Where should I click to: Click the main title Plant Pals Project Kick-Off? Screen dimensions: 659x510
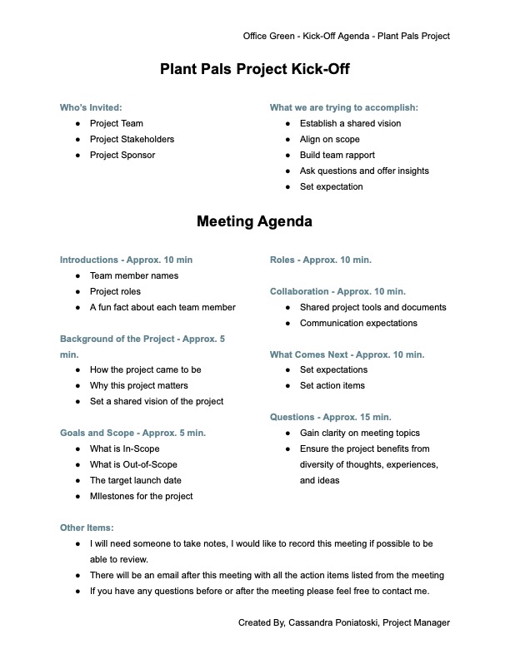[254, 70]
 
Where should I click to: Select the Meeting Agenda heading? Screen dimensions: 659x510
[254, 222]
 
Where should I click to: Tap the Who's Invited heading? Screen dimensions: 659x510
[91, 107]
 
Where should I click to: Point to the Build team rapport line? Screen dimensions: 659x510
[337, 155]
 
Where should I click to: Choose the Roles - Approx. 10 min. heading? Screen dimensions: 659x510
[320, 260]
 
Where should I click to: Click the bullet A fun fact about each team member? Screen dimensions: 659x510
[162, 307]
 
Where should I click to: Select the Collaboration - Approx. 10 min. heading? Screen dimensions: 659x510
[337, 291]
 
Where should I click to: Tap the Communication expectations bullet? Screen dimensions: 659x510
[358, 323]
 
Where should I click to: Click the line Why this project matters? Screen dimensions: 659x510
[138, 385]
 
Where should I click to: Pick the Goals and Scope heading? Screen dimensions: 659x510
[132, 433]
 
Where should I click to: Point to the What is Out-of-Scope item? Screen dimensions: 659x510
[133, 464]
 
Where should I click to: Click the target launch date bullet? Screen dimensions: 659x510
[135, 480]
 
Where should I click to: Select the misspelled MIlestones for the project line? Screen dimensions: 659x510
[141, 496]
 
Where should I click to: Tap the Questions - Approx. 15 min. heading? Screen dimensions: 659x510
[330, 417]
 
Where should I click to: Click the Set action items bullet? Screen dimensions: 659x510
[332, 385]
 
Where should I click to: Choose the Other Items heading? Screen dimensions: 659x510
[87, 528]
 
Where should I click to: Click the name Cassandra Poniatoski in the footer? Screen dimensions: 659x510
[331, 622]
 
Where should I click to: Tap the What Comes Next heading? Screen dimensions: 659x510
[347, 354]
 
